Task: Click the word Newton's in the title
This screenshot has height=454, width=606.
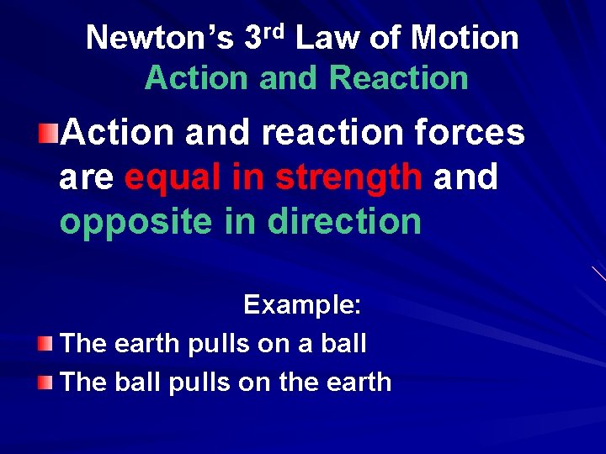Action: click(x=161, y=38)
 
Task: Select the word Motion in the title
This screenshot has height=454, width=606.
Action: click(x=465, y=38)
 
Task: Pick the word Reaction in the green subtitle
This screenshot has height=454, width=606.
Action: click(x=398, y=78)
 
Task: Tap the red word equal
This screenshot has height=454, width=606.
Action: click(x=176, y=177)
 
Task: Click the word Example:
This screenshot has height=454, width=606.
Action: click(x=302, y=304)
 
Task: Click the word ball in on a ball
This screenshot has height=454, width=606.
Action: click(x=342, y=343)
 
